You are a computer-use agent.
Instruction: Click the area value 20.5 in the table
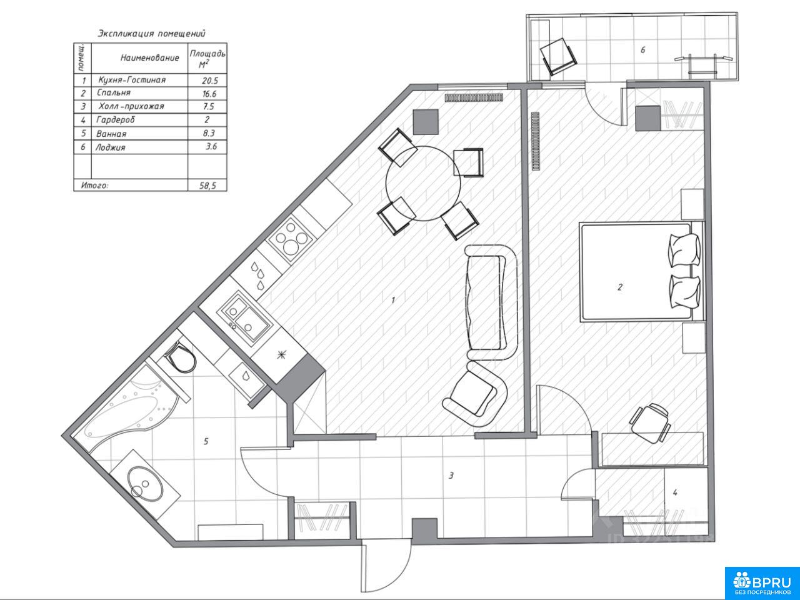(x=209, y=81)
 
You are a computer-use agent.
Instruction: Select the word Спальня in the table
(x=114, y=93)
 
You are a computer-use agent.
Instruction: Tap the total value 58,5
(x=207, y=186)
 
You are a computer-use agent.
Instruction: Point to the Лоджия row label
(x=111, y=147)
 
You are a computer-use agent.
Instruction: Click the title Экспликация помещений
(x=152, y=34)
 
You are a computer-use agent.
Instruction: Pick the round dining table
(x=423, y=183)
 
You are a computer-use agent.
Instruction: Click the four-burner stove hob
(x=291, y=239)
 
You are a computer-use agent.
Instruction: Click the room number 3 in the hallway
(x=451, y=476)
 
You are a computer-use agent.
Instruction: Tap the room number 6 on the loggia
(x=643, y=50)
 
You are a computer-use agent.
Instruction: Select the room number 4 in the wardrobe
(x=675, y=492)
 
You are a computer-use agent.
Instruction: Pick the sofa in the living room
(x=491, y=302)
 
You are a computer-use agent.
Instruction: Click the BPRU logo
(x=762, y=583)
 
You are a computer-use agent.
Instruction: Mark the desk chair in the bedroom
(x=650, y=422)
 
